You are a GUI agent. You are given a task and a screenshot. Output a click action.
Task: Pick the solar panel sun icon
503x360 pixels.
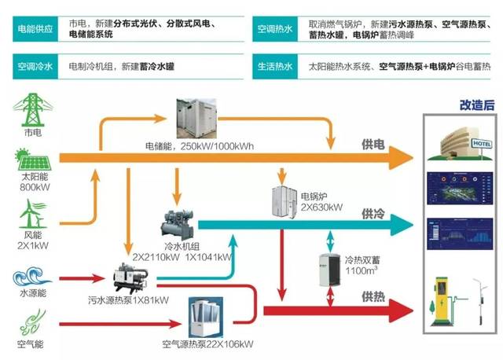point(31,162)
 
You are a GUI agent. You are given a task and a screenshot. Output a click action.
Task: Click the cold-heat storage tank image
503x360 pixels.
point(331,272)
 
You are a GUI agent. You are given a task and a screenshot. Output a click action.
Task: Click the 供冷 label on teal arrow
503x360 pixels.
point(373,214)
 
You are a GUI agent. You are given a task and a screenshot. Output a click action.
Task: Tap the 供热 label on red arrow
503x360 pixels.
point(373,297)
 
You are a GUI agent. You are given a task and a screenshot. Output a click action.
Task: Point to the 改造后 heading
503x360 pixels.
point(475,105)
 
